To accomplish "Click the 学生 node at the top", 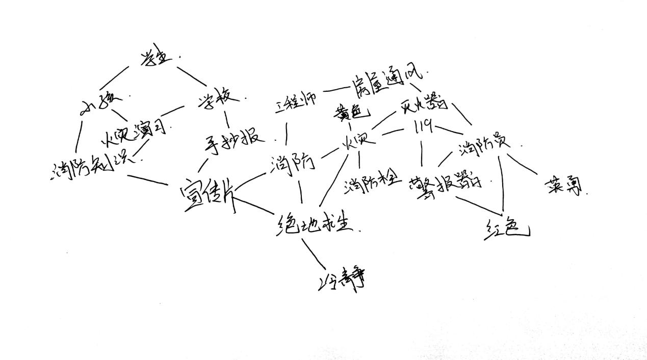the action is tap(154, 59).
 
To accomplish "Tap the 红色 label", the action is tap(505, 230).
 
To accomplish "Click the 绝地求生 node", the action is tap(315, 223).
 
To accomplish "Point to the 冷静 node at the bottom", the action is tap(342, 280).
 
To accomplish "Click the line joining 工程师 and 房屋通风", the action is tap(335, 90).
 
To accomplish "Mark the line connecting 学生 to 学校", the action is tap(192, 76).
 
